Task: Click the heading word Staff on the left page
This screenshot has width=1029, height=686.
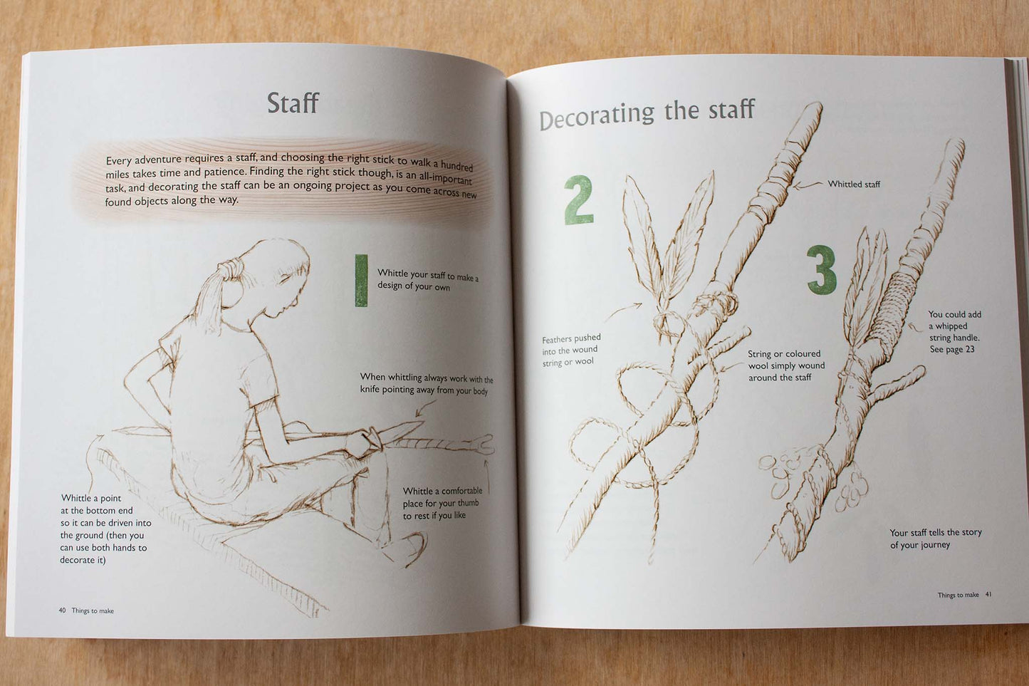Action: click(x=293, y=103)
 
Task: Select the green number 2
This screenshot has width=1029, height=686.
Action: click(x=578, y=199)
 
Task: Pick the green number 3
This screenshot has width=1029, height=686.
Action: click(x=822, y=270)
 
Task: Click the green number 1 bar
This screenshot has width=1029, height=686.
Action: click(x=361, y=280)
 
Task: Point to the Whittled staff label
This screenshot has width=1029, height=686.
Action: click(x=854, y=185)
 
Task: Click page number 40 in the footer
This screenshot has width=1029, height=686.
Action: click(x=62, y=610)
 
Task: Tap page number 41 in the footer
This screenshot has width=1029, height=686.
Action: click(x=988, y=594)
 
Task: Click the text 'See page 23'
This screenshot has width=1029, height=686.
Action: click(x=952, y=349)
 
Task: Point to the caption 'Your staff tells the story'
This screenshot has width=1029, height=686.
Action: click(x=936, y=533)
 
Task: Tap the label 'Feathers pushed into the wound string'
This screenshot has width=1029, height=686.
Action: click(x=571, y=350)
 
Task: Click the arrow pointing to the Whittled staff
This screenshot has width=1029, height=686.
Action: click(x=808, y=185)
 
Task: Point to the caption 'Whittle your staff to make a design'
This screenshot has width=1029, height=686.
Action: click(x=427, y=280)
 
